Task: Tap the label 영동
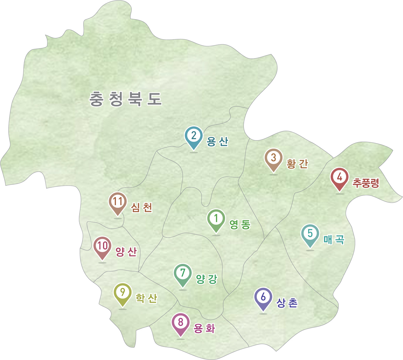coord(240,225)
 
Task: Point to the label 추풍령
coord(366,183)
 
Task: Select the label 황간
coord(297,164)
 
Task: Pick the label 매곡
coord(334,239)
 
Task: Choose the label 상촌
coord(287,303)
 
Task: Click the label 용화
coord(204,329)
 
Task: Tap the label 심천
coord(141,208)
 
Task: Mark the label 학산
coord(146,298)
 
